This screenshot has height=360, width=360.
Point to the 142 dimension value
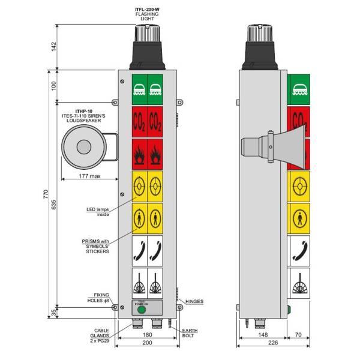coord(54,46)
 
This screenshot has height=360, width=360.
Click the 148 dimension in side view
coord(263,334)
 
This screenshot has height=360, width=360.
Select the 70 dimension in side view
coord(299,334)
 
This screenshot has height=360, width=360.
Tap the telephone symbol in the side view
coord(298,249)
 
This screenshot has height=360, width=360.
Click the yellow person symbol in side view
coord(298,217)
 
